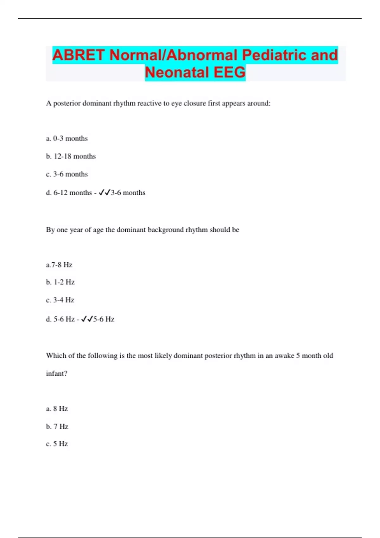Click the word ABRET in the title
pos(78,55)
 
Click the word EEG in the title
pos(230,72)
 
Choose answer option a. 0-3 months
pos(67,138)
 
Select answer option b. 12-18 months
pos(71,156)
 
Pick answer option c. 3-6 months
pos(67,174)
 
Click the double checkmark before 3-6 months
pos(104,192)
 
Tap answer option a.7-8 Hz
pos(59,265)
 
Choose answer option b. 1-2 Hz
pos(60,282)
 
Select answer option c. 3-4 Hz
pos(60,300)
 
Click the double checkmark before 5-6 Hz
pos(87,319)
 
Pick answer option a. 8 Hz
pos(57,409)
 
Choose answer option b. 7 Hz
pos(57,427)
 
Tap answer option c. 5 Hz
pos(57,444)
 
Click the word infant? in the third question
pos(57,373)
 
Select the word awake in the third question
pos(284,356)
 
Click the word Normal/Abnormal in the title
pos(173,55)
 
